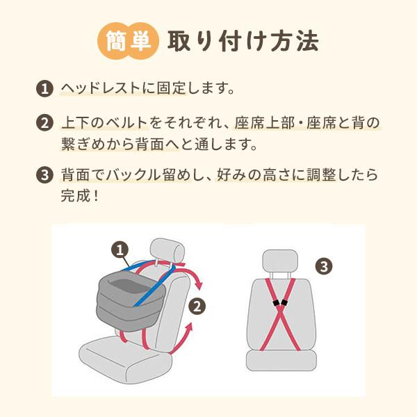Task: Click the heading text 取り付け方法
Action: tap(243, 41)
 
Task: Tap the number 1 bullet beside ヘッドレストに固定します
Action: tap(44, 90)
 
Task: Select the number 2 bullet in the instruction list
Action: tap(44, 125)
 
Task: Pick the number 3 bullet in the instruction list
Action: tap(44, 175)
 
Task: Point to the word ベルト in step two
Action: tap(131, 124)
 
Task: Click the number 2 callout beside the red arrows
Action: tap(197, 305)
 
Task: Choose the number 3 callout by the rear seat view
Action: tap(325, 265)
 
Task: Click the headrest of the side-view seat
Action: tap(167, 250)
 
